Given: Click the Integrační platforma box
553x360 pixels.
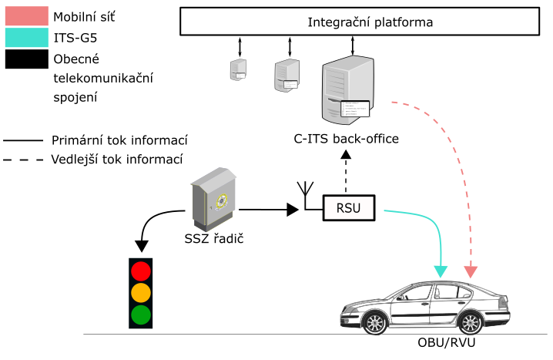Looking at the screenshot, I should [x=359, y=22].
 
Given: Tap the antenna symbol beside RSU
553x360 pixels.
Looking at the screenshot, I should [x=306, y=194].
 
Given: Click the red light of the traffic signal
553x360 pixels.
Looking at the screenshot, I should [x=140, y=271].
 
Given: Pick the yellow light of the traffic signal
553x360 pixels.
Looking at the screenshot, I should [x=140, y=293].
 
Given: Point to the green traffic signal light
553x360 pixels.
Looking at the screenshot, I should [x=140, y=315].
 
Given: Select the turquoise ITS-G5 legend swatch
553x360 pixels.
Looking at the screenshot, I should [x=26, y=37].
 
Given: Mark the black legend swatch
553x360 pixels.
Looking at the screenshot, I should [x=26, y=59].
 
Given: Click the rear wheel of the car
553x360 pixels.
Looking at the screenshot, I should [x=471, y=322].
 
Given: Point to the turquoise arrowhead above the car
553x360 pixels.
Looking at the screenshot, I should [x=441, y=271].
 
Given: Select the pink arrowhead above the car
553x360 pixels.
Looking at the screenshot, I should [x=471, y=271].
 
